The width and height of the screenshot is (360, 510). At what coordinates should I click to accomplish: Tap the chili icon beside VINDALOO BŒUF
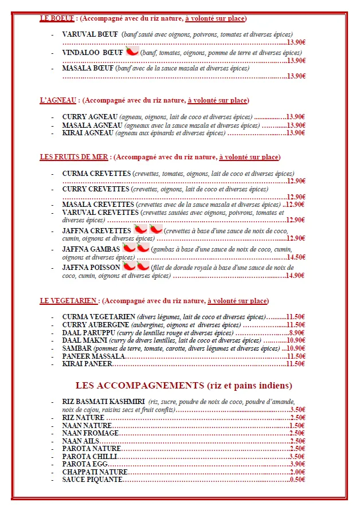click(x=132, y=51)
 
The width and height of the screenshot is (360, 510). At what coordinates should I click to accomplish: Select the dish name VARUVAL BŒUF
click(x=90, y=34)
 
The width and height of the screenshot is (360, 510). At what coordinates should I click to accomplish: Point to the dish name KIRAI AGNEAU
click(x=88, y=133)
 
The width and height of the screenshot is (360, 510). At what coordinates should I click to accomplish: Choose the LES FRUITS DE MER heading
click(x=74, y=156)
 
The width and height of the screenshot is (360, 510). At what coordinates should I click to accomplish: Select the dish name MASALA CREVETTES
click(x=98, y=205)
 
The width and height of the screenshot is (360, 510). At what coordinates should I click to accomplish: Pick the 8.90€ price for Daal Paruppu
click(x=297, y=332)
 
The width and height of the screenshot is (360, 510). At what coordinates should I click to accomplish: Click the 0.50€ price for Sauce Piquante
click(x=296, y=479)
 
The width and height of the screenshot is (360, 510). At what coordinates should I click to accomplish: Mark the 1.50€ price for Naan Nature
click(x=296, y=425)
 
